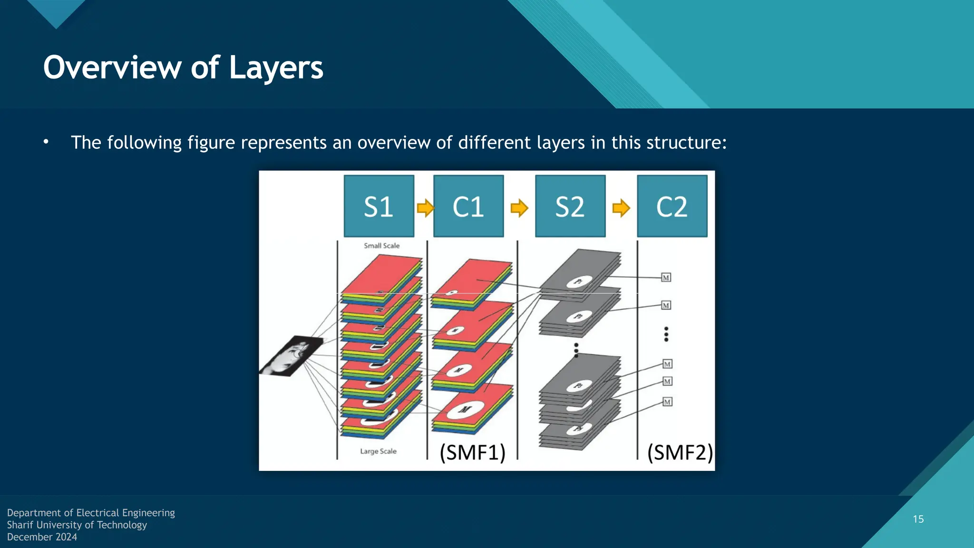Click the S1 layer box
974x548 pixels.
click(x=379, y=206)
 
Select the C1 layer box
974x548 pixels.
click(x=468, y=206)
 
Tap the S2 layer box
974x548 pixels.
click(x=570, y=206)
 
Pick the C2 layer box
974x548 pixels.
click(x=672, y=206)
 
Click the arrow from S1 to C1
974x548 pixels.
click(x=425, y=208)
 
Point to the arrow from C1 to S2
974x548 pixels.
click(x=519, y=208)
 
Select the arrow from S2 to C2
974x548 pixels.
click(x=621, y=208)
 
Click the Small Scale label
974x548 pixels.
click(x=381, y=246)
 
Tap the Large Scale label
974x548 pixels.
click(x=378, y=451)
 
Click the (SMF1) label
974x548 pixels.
click(x=472, y=452)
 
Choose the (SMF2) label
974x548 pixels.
click(x=680, y=452)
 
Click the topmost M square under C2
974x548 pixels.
click(x=666, y=278)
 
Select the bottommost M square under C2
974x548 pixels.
click(x=667, y=402)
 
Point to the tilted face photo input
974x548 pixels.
click(x=291, y=356)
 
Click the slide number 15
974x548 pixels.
click(x=918, y=519)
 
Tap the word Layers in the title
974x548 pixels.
click(x=276, y=68)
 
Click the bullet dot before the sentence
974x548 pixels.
click(x=46, y=142)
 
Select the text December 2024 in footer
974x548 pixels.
click(x=42, y=537)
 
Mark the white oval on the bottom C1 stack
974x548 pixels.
click(x=465, y=410)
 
